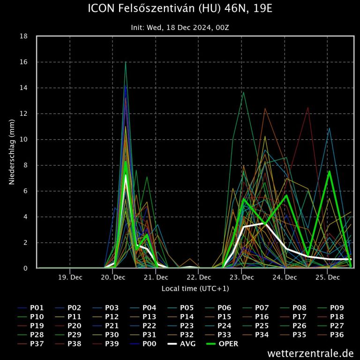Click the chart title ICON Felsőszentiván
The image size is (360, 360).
[x=180, y=8]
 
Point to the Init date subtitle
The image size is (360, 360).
[x=180, y=27]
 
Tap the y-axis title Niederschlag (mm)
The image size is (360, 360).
[x=12, y=152]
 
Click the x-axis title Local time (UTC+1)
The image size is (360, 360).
[x=195, y=288]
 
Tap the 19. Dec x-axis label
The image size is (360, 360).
[x=70, y=277]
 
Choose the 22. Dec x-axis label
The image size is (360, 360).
[x=198, y=277]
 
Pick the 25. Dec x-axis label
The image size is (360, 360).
[x=327, y=277]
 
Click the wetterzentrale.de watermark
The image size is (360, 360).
[x=310, y=352]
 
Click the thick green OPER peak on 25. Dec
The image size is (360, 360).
[x=330, y=172]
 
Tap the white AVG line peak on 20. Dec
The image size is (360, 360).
[x=126, y=176]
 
